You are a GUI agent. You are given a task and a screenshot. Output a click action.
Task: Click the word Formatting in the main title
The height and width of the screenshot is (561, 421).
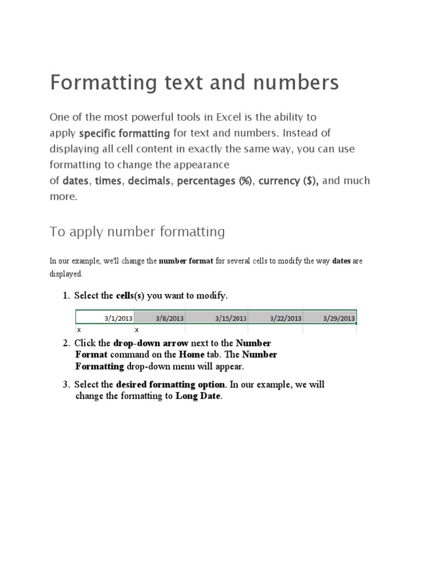(x=97, y=83)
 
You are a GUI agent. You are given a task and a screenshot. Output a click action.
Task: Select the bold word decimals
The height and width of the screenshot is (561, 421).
(x=149, y=181)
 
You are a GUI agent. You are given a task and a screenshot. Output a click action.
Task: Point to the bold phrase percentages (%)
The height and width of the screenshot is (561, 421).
(x=214, y=181)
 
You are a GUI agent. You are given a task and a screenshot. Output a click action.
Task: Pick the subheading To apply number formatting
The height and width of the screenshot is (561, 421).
(x=137, y=232)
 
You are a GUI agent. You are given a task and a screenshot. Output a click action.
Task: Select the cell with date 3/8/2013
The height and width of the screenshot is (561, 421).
(x=170, y=318)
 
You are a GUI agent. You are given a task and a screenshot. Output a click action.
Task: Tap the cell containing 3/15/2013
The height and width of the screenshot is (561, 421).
(x=231, y=318)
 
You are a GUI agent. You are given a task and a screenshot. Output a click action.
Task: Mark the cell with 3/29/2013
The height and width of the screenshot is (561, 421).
(x=339, y=318)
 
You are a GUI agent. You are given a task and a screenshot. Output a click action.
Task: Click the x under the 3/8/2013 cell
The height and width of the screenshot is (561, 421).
(x=137, y=330)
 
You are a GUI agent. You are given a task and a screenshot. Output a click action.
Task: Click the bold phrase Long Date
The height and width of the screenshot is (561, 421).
(x=198, y=397)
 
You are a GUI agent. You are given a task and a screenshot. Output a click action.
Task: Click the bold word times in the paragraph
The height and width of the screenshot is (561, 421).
(x=108, y=181)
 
